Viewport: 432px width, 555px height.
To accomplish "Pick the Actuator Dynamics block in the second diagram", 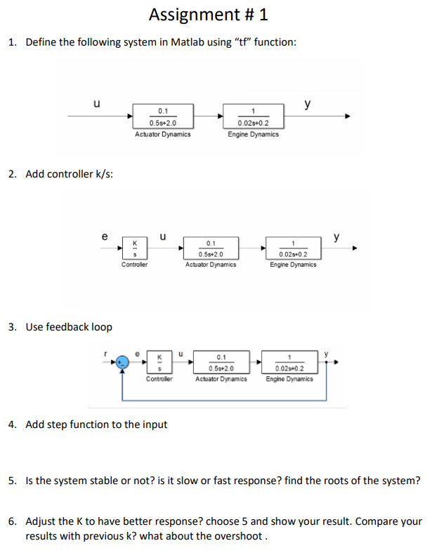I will pos(211,248).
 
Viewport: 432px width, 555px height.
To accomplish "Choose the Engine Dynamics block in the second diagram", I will pos(292,248).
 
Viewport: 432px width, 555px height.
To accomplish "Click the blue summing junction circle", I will pos(123,363).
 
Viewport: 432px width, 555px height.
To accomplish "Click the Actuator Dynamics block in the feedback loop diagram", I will pos(221,362).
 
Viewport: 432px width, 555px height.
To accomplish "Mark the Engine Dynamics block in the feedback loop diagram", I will pos(291,362).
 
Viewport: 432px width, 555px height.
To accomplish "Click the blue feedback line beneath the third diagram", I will pos(225,401).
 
